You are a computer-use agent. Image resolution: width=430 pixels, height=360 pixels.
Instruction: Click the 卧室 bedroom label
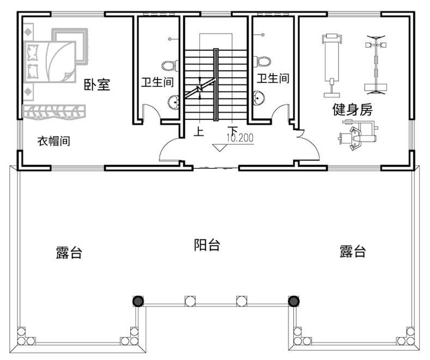pyautogui.click(x=96, y=85)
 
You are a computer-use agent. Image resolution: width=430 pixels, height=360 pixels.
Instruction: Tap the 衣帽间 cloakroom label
pyautogui.click(x=53, y=141)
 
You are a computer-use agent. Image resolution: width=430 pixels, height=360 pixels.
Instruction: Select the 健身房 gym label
pyautogui.click(x=352, y=110)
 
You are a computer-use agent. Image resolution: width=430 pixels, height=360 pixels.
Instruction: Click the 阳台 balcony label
pyautogui.click(x=207, y=245)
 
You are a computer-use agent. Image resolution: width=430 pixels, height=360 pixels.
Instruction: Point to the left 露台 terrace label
pyautogui.click(x=69, y=253)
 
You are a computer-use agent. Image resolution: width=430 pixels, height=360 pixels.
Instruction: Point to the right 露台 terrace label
pyautogui.click(x=352, y=252)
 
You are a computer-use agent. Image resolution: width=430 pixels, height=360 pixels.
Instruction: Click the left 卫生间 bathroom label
pyautogui.click(x=158, y=83)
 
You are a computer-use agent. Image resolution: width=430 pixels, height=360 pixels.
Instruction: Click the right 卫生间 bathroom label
pyautogui.click(x=273, y=78)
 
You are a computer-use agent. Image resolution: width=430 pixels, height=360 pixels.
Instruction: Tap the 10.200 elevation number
pyautogui.click(x=240, y=138)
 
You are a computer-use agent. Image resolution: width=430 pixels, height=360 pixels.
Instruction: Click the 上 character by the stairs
pyautogui.click(x=199, y=131)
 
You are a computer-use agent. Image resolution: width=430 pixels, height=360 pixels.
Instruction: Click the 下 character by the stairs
pyautogui.click(x=233, y=131)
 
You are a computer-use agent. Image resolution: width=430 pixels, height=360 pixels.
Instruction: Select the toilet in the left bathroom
pyautogui.click(x=172, y=65)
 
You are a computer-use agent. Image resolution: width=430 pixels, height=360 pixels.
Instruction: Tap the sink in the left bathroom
pyautogui.click(x=174, y=102)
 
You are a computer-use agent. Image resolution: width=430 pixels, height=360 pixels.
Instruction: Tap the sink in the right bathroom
pyautogui.click(x=259, y=97)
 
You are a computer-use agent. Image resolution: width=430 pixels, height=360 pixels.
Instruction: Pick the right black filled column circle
pyautogui.click(x=294, y=301)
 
